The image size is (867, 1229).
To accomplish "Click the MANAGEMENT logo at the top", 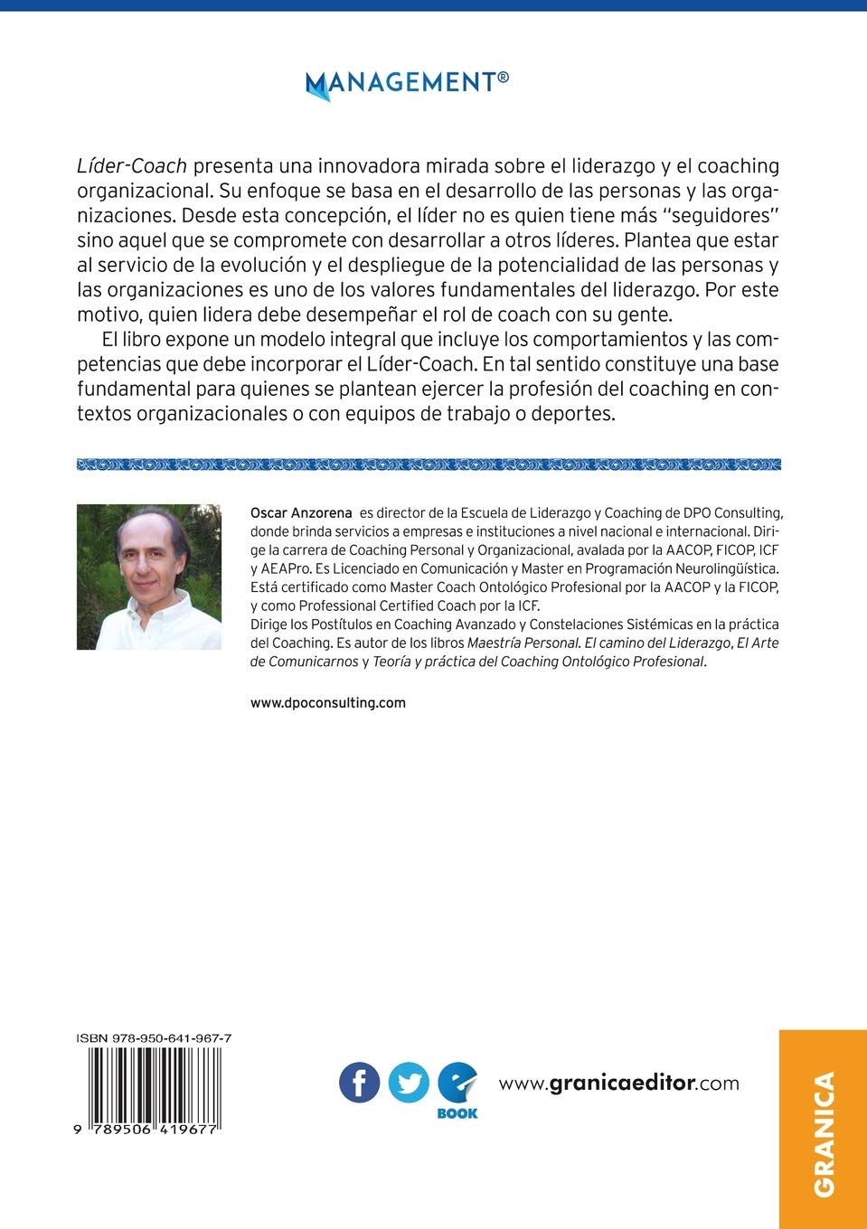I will point(407,83).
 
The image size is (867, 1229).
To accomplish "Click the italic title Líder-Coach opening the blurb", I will point(132,166).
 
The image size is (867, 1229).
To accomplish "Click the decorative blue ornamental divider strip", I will point(429,464).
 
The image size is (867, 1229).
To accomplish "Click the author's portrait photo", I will point(149,577).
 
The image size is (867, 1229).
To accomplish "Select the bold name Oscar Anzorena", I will point(301,513).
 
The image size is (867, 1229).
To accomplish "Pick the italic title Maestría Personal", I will point(523,643).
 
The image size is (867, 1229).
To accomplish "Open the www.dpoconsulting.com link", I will point(327,702).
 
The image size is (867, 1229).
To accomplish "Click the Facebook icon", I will point(359,1083).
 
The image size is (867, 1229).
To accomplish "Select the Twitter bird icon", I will point(409,1083).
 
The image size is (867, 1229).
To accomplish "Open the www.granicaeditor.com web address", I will point(618,1083).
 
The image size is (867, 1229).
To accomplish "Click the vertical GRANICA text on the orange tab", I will point(824,1133).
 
